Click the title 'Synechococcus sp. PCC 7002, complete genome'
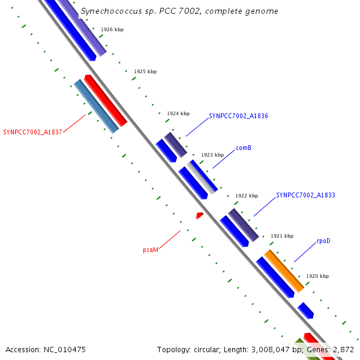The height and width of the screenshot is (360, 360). tap(179, 11)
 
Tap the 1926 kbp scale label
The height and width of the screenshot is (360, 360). tap(112, 29)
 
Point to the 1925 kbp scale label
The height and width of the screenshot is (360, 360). tap(145, 71)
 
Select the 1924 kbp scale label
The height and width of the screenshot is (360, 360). tap(178, 113)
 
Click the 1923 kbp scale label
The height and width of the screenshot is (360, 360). tap(212, 155)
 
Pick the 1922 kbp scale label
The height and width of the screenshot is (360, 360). tap(247, 196)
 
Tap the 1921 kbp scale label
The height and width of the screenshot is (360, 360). tap(282, 236)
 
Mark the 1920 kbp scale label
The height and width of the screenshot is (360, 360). tap(317, 277)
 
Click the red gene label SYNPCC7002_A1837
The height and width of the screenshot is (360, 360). tap(32, 132)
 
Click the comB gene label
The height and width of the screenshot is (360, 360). tap(243, 148)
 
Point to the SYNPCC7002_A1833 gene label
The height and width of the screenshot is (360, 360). tap(305, 196)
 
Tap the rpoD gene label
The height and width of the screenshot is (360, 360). tap(323, 241)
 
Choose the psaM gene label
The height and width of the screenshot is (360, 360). tap(151, 250)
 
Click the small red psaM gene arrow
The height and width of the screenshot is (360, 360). tap(199, 215)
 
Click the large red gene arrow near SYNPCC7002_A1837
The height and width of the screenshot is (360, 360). tap(106, 101)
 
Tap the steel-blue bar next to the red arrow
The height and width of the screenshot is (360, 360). tap(96, 106)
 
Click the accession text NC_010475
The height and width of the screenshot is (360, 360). tap(46, 349)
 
